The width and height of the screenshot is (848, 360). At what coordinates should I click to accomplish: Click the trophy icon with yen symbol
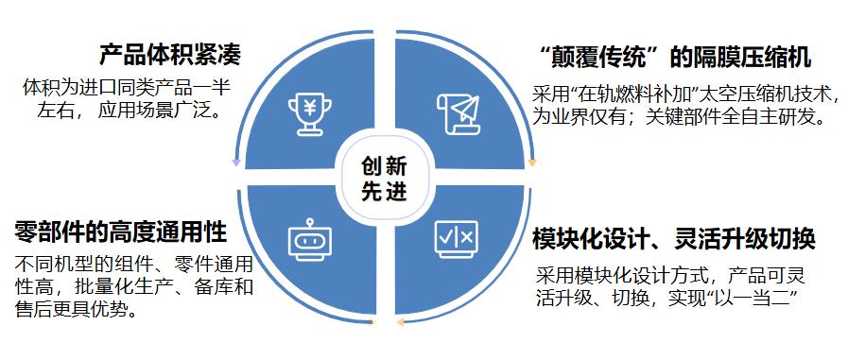(311, 111)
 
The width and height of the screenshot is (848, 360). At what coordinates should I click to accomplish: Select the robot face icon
(311, 241)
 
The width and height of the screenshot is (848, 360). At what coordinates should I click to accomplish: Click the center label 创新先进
(383, 177)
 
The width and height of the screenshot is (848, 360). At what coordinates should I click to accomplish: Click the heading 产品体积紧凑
(170, 54)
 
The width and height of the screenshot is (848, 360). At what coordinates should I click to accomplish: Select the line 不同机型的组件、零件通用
(136, 264)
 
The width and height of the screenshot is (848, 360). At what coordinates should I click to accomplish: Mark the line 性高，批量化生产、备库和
(136, 286)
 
